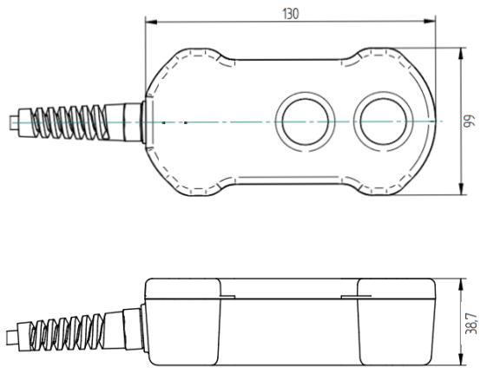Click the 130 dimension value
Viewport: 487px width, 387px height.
tap(291, 14)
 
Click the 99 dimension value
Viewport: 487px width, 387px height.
tap(470, 121)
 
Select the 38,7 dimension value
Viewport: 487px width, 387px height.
tap(471, 324)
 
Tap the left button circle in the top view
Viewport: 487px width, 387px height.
tap(305, 122)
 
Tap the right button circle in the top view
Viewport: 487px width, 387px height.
tap(384, 121)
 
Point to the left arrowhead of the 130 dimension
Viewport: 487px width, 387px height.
tap(151, 22)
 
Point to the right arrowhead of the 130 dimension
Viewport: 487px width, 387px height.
tap(430, 21)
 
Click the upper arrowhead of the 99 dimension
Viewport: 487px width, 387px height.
tap(461, 54)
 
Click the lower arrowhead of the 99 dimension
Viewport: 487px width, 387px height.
tap(461, 189)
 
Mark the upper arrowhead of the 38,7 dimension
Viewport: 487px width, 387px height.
tap(461, 285)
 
